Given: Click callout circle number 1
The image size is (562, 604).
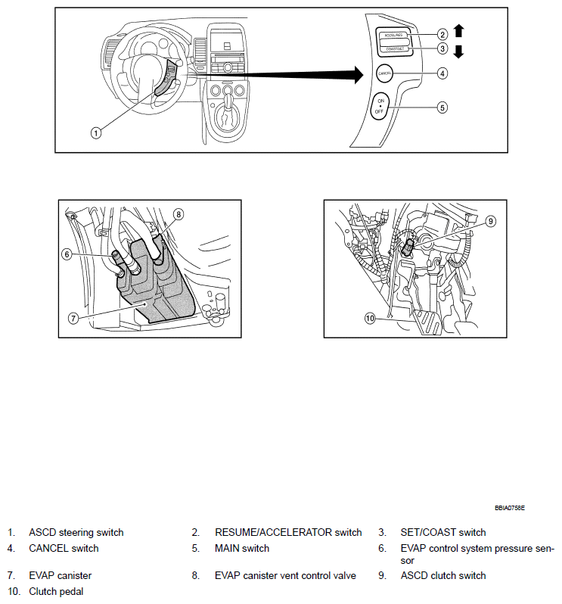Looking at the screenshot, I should point(96,132).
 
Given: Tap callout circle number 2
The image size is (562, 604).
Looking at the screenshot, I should point(442,34).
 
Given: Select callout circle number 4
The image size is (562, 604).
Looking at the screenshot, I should point(442,73).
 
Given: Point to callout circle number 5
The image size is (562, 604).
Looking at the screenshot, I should point(442,107).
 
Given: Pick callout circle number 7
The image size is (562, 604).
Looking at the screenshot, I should point(73,319).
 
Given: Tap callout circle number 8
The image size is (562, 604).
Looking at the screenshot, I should point(179,214).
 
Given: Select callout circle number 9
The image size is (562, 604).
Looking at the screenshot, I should point(490,221).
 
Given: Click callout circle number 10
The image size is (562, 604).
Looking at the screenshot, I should point(370,319).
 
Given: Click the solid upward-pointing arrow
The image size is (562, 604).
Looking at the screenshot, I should point(458,31).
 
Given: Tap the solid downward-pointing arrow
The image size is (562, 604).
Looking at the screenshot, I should point(458,51).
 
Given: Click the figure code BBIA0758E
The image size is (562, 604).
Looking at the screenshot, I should point(510,507).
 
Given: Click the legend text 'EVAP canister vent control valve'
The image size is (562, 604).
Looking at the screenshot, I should point(285,576).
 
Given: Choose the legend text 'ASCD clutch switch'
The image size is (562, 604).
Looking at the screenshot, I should point(443,576).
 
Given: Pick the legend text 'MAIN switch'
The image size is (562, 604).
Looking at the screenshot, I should point(242,548).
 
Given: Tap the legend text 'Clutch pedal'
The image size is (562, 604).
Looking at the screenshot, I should point(56,591).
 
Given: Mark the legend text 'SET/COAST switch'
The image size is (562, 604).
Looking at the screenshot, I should point(443,533).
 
